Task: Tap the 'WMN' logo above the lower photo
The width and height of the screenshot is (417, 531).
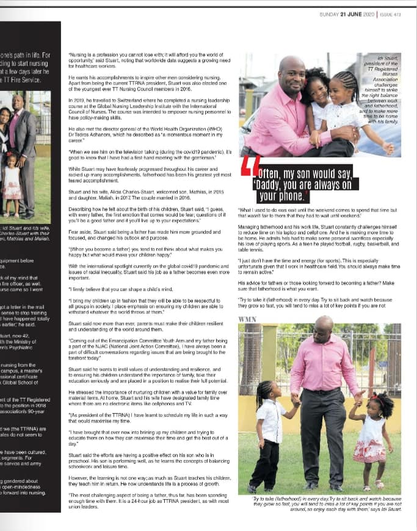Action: click(x=247, y=319)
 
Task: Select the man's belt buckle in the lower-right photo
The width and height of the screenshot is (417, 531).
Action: click(x=321, y=391)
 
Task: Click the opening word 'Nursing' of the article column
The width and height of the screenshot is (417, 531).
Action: click(x=78, y=54)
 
